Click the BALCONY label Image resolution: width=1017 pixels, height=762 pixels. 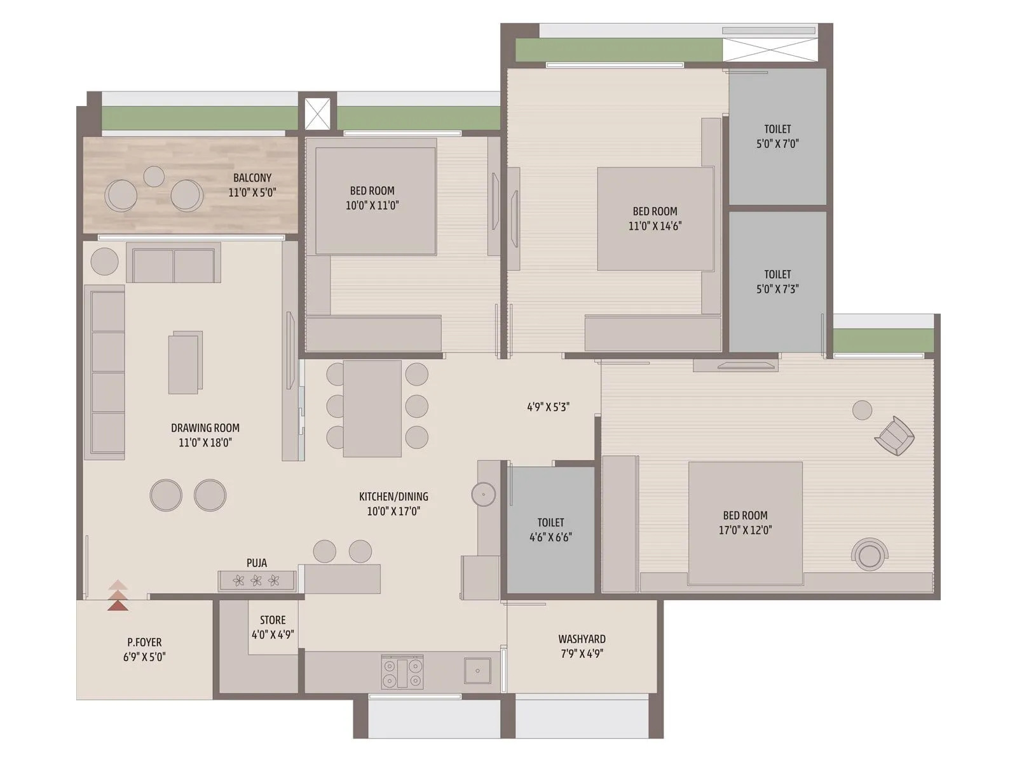[252, 178]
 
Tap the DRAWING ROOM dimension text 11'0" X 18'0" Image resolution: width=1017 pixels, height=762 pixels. [205, 443]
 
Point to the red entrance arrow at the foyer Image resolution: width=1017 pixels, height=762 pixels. [118, 598]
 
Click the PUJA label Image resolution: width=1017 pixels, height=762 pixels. [257, 563]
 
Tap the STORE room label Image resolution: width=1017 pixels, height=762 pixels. [273, 620]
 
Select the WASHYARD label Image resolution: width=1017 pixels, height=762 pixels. [582, 639]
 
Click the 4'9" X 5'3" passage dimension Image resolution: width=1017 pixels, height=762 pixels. [548, 407]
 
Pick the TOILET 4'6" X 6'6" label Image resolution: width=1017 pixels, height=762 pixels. [550, 530]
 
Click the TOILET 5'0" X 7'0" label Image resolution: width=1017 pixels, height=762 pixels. [777, 136]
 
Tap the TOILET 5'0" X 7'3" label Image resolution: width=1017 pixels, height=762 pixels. [777, 281]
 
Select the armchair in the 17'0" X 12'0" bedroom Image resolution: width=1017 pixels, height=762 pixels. [894, 436]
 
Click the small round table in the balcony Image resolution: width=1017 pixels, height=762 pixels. [154, 176]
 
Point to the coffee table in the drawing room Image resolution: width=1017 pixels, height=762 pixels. [184, 363]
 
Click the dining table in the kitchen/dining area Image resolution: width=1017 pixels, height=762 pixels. [372, 408]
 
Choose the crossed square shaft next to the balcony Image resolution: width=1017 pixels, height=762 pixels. [317, 114]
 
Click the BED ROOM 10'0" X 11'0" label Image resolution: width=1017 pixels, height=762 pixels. [372, 197]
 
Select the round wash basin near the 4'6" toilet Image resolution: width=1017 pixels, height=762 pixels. [484, 494]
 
